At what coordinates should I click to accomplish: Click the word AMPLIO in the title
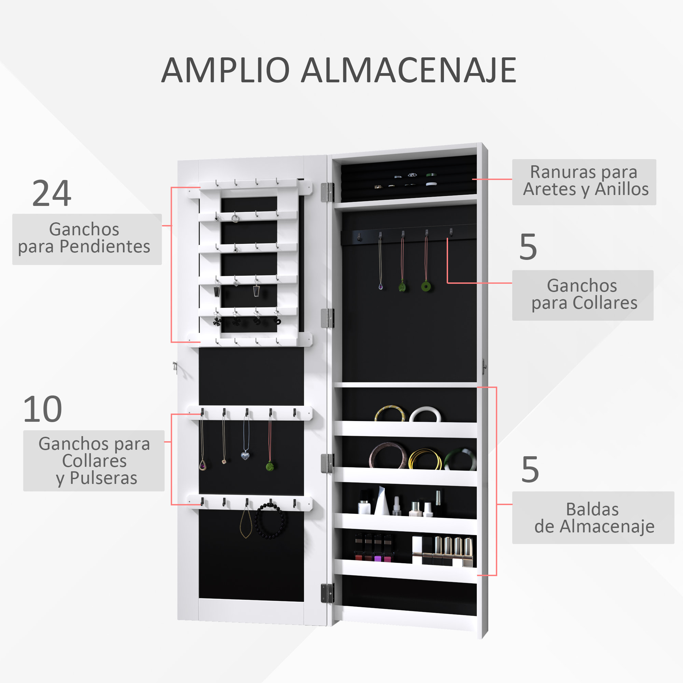coord(225,70)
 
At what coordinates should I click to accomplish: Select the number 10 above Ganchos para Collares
coord(42,409)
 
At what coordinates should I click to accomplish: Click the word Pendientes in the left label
coord(104,247)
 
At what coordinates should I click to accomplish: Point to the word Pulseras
coord(103,478)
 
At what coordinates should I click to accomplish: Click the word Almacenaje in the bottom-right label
coord(607,526)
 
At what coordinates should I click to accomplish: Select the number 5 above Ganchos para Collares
coord(528,247)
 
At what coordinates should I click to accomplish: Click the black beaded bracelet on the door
coord(270,521)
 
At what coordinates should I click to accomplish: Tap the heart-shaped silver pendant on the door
coord(245,455)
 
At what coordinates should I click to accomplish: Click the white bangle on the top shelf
coord(425,414)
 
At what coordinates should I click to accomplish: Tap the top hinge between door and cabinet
coord(327,192)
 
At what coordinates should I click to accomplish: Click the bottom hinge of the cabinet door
coord(327,593)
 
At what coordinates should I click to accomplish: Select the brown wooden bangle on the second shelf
coord(388,456)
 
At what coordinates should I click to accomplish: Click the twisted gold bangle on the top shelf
coord(389,413)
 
